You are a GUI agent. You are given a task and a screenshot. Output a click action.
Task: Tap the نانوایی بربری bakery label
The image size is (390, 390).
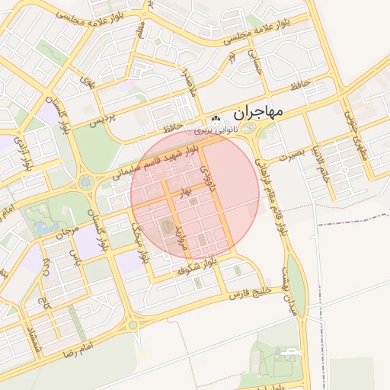(x=215, y=130)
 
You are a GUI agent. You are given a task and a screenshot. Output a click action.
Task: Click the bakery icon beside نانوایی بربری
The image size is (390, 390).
(x=216, y=119)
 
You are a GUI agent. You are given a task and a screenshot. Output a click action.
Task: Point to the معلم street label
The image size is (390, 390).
(x=140, y=31)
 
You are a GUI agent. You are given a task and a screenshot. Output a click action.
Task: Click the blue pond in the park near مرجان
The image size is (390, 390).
(x=40, y=226)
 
